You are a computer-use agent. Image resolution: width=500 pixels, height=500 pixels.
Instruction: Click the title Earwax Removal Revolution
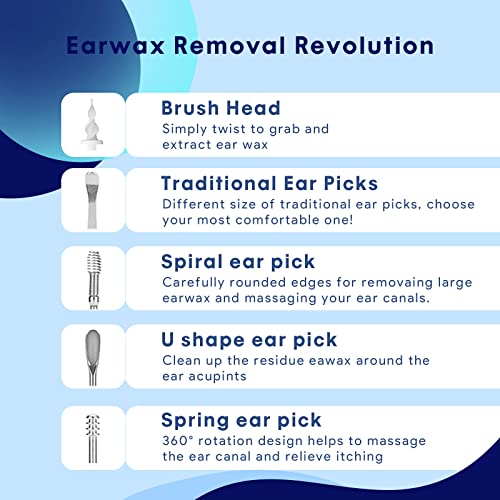(250, 46)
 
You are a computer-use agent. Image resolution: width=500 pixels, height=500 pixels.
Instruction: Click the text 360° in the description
(177, 441)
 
